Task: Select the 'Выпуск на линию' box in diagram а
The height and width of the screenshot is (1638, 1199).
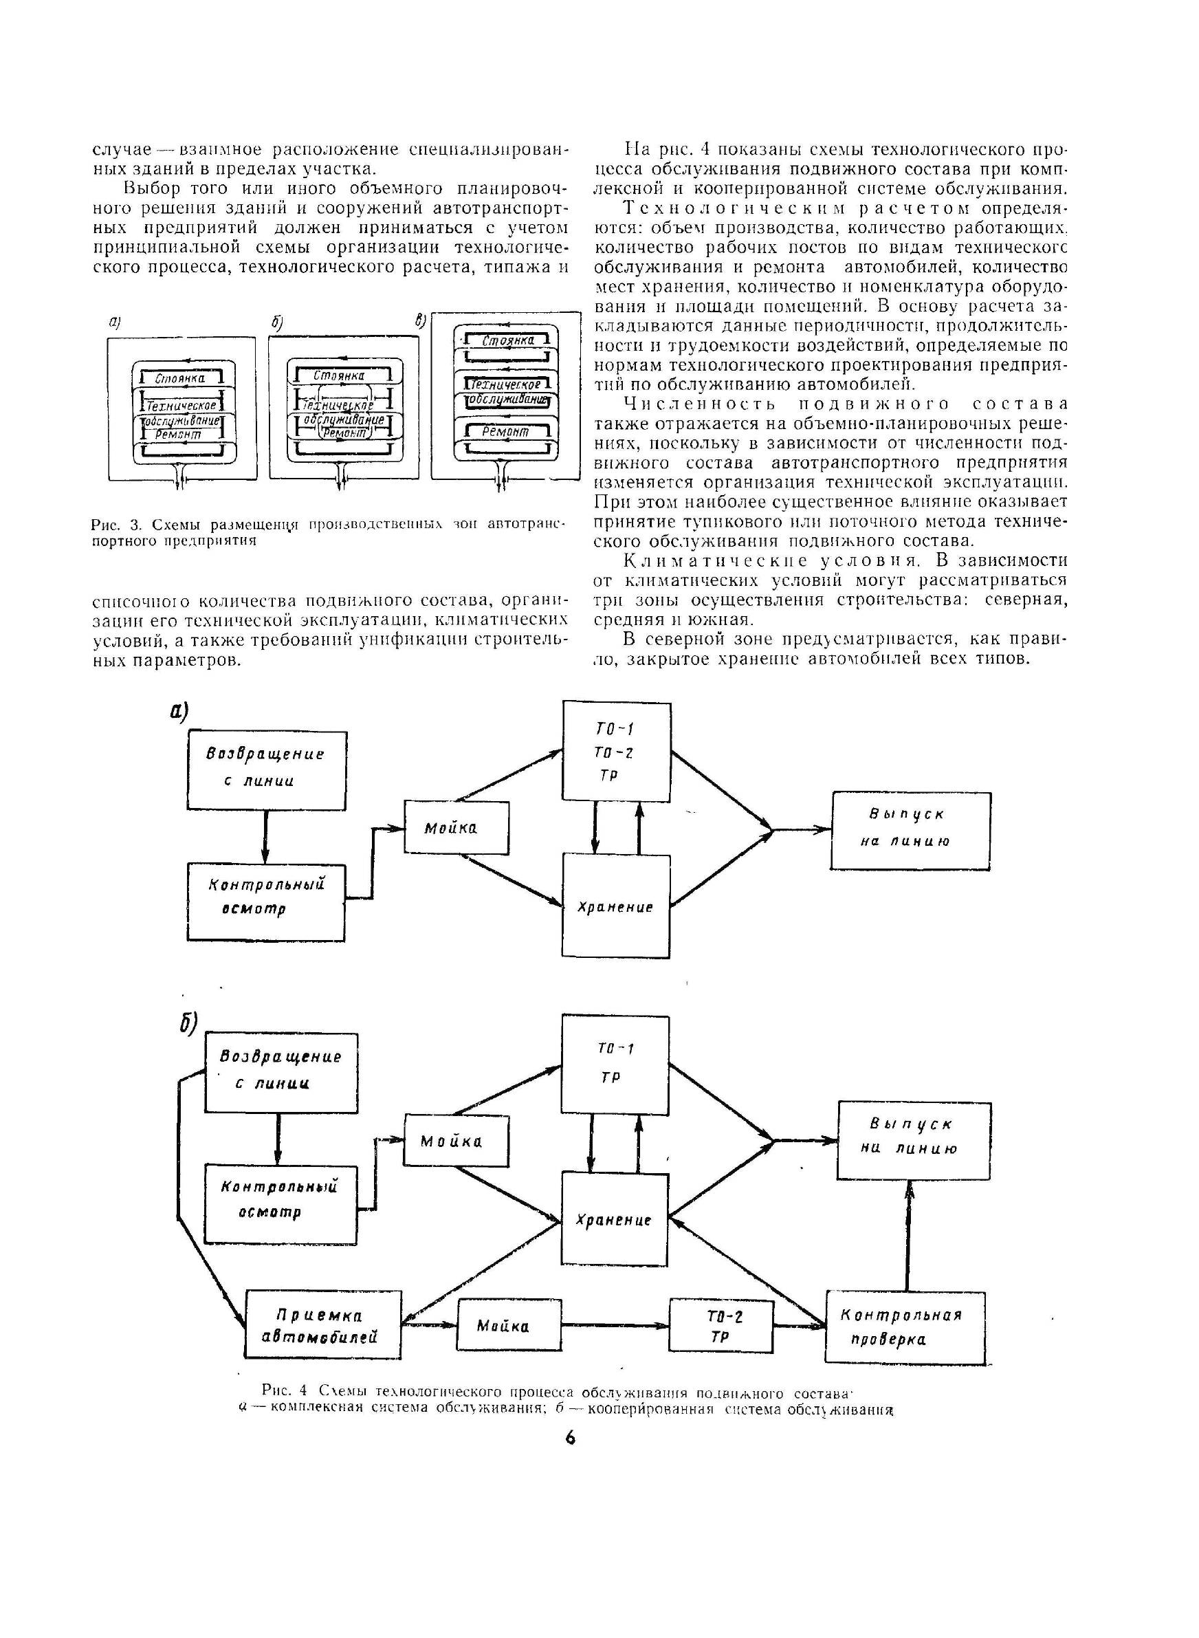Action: tap(911, 830)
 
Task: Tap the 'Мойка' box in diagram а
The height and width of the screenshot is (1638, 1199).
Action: tap(456, 827)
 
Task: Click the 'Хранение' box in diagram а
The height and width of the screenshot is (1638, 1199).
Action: tap(615, 905)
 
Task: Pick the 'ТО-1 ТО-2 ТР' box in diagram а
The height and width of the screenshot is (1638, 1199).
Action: tap(616, 752)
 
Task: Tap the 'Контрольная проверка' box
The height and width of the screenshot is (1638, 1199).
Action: tap(905, 1326)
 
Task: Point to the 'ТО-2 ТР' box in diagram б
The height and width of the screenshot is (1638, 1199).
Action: tap(721, 1326)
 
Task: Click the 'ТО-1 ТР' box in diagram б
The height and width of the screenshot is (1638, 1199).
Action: tap(615, 1064)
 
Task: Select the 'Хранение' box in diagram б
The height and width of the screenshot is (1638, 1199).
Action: tap(615, 1219)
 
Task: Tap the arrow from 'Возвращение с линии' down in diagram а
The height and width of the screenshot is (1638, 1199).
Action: tap(265, 836)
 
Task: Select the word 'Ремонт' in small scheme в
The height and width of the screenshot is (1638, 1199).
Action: tap(505, 432)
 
